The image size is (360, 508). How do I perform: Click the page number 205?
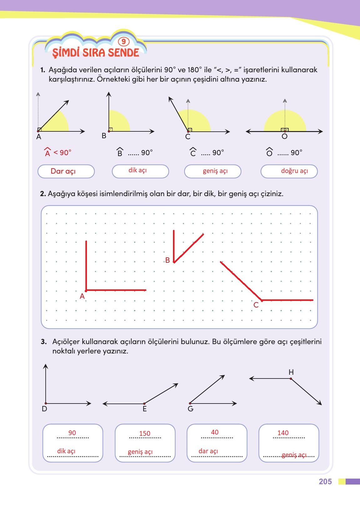coord(325,481)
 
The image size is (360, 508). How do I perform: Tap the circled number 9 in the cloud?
coord(124,42)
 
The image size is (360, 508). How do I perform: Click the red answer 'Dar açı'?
coord(63,171)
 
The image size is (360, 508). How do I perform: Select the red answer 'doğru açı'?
coord(294,171)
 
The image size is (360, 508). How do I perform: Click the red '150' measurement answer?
coord(145,433)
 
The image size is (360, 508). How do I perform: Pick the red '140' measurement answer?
coord(283,433)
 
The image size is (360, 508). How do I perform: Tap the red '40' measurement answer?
coord(215,432)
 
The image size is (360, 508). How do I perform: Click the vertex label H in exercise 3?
coord(291,372)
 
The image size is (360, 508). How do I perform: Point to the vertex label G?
coord(190,409)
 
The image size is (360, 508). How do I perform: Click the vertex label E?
coord(145,409)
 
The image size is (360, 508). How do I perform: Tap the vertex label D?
coord(44,409)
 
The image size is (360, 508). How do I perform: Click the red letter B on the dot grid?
coord(167,260)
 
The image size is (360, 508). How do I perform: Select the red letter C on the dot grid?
coord(256,305)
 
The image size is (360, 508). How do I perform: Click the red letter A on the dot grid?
coord(82,296)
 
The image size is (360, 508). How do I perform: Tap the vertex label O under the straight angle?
coord(284,137)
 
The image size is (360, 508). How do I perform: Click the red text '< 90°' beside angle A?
coord(62,153)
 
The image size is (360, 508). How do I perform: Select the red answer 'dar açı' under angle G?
coord(208,451)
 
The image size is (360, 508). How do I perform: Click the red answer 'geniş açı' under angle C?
coord(215,171)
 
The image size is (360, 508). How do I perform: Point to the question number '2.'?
coord(43,194)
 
